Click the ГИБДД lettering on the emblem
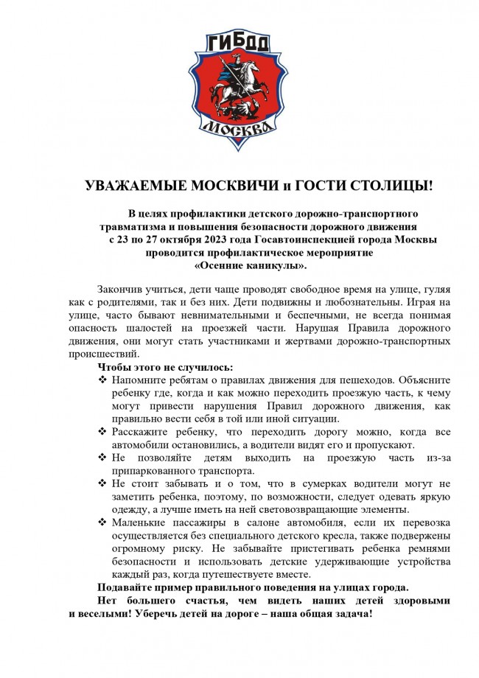click(239, 43)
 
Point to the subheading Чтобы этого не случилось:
click(166, 366)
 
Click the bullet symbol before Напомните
click(102, 380)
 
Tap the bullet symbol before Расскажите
click(102, 432)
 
